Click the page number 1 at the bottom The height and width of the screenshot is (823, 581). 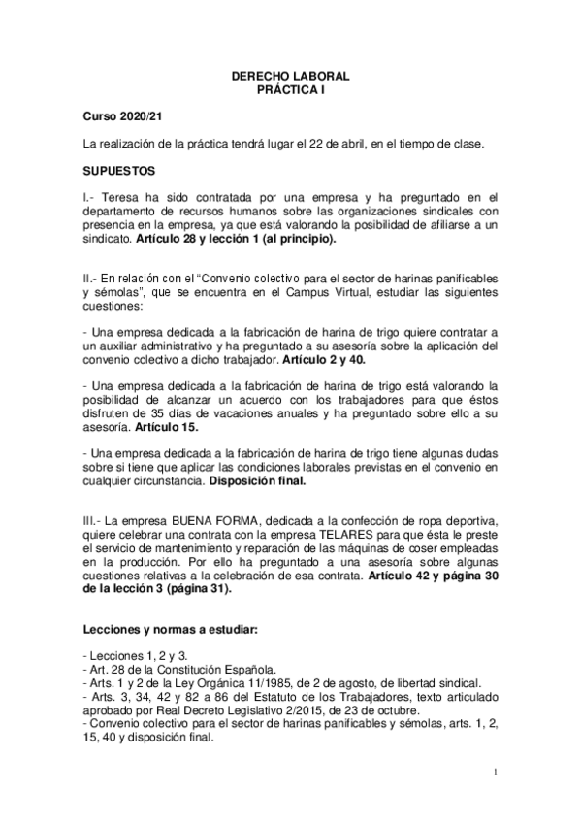(x=495, y=773)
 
